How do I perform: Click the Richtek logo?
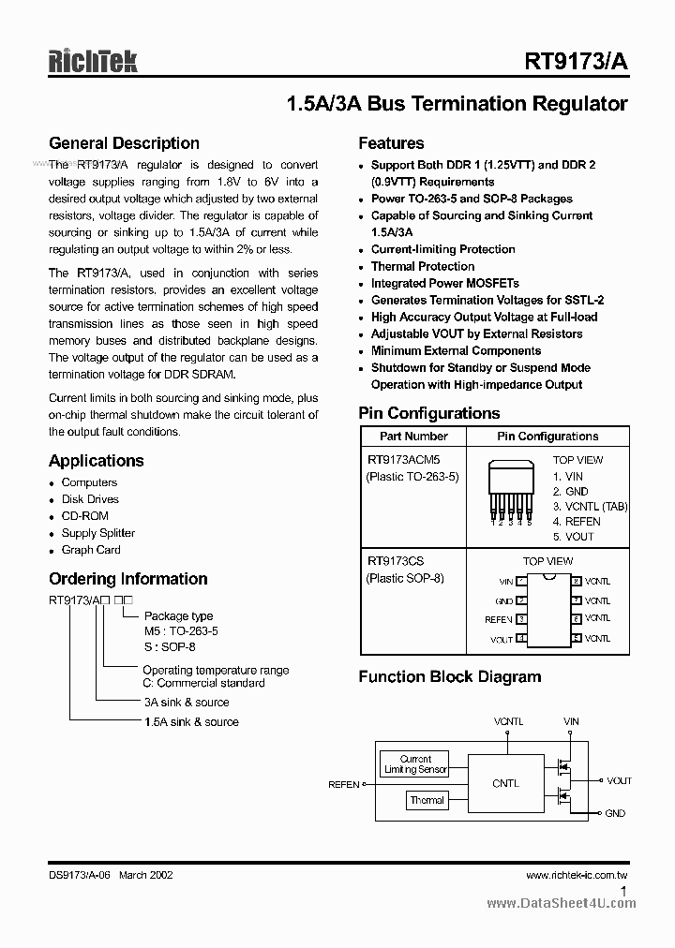pyautogui.click(x=93, y=61)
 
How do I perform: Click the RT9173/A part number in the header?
pyautogui.click(x=577, y=62)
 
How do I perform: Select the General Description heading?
pyautogui.click(x=124, y=143)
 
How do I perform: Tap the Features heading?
pyautogui.click(x=391, y=143)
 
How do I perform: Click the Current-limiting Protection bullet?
pyautogui.click(x=442, y=249)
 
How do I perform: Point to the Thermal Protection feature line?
pyautogui.click(x=423, y=266)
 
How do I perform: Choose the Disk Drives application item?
pyautogui.click(x=90, y=499)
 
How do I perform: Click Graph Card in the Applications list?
pyautogui.click(x=91, y=550)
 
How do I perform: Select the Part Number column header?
pyautogui.click(x=413, y=437)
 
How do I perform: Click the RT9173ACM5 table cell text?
pyautogui.click(x=403, y=460)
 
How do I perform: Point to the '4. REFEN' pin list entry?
pyautogui.click(x=577, y=522)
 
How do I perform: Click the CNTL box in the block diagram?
pyautogui.click(x=505, y=783)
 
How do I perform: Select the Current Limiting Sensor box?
pyautogui.click(x=415, y=764)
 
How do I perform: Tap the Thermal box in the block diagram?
pyautogui.click(x=427, y=800)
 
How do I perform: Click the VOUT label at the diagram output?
pyautogui.click(x=619, y=780)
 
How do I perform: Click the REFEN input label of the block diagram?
pyautogui.click(x=344, y=784)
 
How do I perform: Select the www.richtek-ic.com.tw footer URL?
pyautogui.click(x=577, y=875)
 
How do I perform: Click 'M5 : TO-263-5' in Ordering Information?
pyautogui.click(x=180, y=632)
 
